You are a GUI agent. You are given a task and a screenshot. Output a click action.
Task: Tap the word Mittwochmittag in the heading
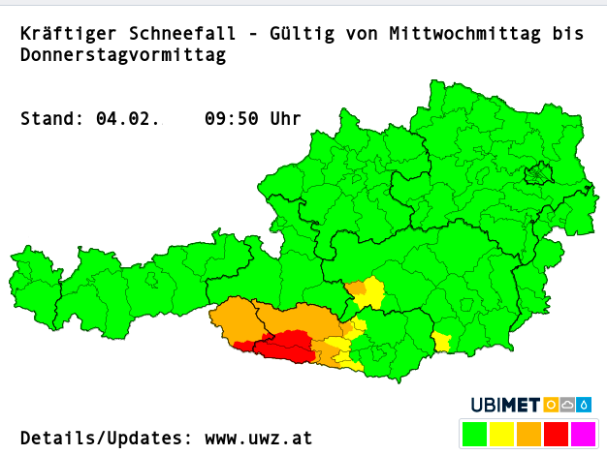466,34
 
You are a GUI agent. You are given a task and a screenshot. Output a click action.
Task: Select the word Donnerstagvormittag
122,56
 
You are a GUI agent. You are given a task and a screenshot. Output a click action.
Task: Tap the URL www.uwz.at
258,438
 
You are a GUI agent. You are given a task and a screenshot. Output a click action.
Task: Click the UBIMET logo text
506,405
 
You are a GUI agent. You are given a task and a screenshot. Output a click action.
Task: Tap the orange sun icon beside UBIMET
551,405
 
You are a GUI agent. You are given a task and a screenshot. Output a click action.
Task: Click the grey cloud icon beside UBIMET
568,405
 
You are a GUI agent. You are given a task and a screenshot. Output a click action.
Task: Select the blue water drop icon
585,405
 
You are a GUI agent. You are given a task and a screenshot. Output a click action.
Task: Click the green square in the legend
476,433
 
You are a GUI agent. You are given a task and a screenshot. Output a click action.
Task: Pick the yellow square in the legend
502,433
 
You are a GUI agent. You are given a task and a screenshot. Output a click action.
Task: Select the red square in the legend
556,433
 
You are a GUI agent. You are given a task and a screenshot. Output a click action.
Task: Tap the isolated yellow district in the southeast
442,342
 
